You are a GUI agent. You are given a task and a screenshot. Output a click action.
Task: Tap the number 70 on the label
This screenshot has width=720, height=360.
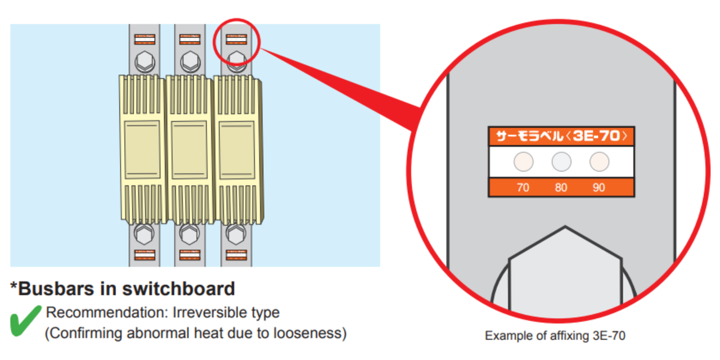click(523, 188)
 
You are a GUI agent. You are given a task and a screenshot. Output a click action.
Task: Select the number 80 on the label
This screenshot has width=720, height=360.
click(561, 188)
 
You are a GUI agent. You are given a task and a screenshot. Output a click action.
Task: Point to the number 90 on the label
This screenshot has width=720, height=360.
click(598, 188)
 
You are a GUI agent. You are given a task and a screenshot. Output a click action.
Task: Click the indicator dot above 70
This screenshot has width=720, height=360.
click(523, 162)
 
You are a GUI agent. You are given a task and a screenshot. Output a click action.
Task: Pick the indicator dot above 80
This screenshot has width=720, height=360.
click(561, 162)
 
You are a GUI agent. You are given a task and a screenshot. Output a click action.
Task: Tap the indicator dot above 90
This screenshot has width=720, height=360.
click(599, 162)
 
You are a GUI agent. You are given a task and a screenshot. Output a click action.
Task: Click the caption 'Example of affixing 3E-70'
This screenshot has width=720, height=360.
click(555, 336)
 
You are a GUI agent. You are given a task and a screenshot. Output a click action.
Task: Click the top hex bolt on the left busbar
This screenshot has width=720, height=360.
click(145, 60)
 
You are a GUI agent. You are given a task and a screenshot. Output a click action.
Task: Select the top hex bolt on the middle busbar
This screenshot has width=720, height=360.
click(190, 60)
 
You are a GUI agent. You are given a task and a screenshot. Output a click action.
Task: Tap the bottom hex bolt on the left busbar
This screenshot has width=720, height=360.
click(145, 233)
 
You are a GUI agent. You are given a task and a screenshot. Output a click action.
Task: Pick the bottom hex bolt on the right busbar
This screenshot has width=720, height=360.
click(235, 233)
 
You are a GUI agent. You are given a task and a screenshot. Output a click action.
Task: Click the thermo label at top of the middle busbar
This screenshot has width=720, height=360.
click(190, 39)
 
